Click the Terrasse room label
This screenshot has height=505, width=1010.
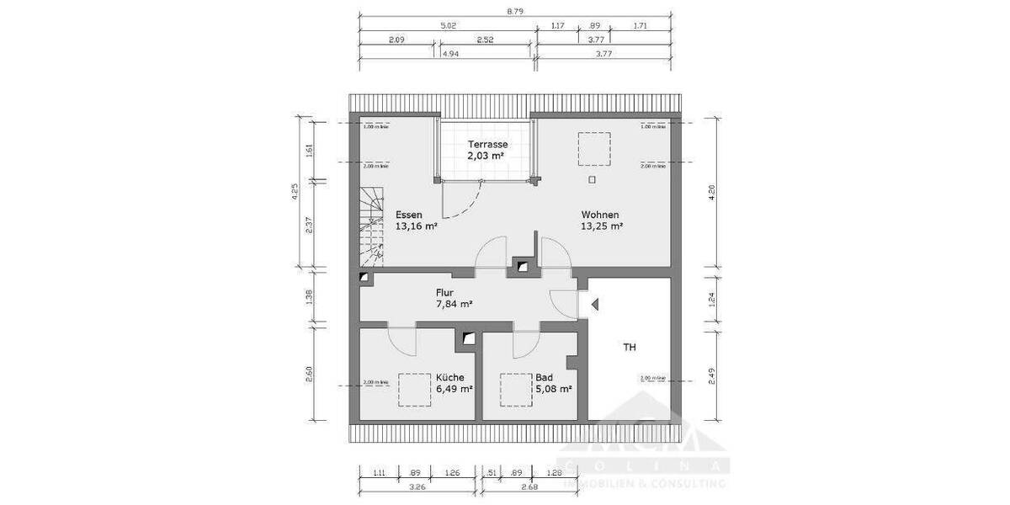[487, 144]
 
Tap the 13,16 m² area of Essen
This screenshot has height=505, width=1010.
[417, 226]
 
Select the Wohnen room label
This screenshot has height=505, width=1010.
[600, 215]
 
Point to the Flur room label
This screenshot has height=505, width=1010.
[444, 292]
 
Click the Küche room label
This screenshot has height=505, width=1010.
[450, 378]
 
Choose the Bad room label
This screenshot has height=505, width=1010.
[545, 378]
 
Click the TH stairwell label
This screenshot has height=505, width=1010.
[630, 346]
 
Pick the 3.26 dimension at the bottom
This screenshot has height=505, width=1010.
[417, 486]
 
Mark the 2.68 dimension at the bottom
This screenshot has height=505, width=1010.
[529, 486]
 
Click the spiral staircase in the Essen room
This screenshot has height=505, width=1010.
[371, 223]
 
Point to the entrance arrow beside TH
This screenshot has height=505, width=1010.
[593, 305]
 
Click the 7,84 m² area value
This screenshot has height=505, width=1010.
[454, 304]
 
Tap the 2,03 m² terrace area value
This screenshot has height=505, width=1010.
[487, 156]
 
